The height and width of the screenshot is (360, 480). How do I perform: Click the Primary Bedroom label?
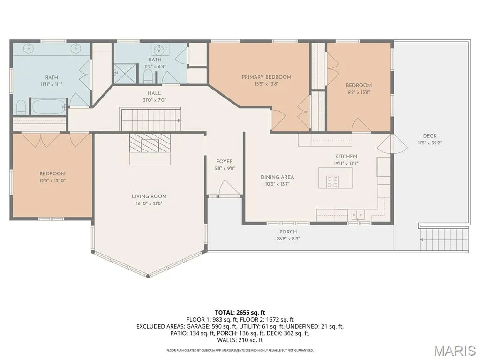coord(266,77)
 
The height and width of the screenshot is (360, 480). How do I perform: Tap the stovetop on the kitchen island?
coord(332,181)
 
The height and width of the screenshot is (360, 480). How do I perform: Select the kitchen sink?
coord(358,214)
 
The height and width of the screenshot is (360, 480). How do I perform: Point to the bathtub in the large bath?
coord(49,107)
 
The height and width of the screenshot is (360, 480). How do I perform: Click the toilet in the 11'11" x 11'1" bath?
coord(21,107)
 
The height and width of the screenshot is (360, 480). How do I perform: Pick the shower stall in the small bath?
coord(124,73)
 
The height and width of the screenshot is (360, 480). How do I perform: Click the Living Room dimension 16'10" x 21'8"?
coord(149,203)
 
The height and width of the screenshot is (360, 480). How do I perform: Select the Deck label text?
coord(430,136)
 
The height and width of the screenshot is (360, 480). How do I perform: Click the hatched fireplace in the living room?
coord(150,142)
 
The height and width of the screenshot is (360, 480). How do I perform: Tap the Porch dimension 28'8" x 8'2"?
coord(288,239)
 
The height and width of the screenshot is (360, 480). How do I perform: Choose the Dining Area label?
coord(277,177)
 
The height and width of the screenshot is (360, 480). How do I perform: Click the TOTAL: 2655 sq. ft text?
coord(240,313)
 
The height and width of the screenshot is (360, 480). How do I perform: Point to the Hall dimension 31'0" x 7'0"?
coord(154,100)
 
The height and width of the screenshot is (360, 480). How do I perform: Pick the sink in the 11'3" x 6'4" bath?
coord(159,49)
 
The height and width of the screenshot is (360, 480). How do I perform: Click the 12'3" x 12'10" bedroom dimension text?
coord(52,180)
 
